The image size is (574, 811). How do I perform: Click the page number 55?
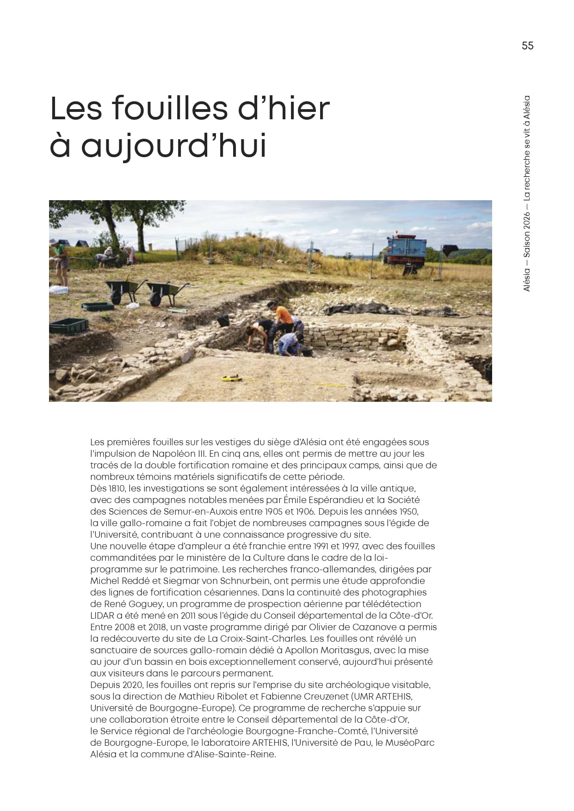click(x=527, y=46)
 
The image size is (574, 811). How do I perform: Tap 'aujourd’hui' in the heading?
click(x=174, y=146)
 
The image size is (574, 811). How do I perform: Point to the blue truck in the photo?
click(x=405, y=250)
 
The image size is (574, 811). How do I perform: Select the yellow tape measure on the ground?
click(x=230, y=378)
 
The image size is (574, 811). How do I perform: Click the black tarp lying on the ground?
click(x=370, y=308)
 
